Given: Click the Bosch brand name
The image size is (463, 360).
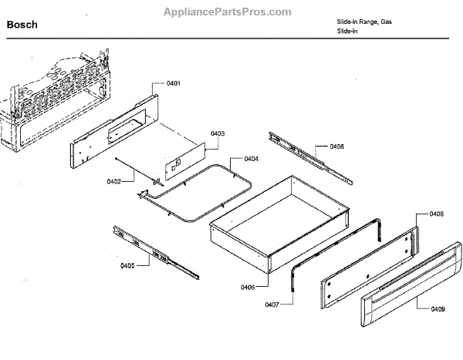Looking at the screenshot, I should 22,25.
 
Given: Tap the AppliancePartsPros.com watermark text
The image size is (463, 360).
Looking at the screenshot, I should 228,12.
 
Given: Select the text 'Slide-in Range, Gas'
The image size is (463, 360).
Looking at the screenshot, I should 363,22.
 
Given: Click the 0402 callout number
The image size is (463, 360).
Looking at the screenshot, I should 115,182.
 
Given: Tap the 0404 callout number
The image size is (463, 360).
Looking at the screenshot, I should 251,159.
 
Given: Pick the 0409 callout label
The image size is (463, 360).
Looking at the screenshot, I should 438,310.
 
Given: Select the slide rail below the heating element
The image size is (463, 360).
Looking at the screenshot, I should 154,251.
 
